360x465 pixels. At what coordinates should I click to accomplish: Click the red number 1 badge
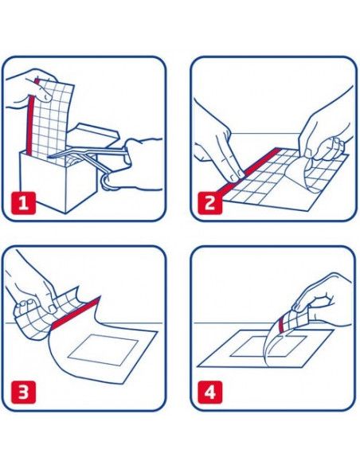[x=23, y=203]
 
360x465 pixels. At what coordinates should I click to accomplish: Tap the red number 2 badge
[x=209, y=203]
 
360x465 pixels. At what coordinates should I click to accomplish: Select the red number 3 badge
[x=23, y=393]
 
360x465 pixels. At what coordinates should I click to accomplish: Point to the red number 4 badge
[x=209, y=393]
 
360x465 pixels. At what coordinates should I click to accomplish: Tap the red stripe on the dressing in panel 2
[x=249, y=172]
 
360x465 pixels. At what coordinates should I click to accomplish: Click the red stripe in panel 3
[x=76, y=314]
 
